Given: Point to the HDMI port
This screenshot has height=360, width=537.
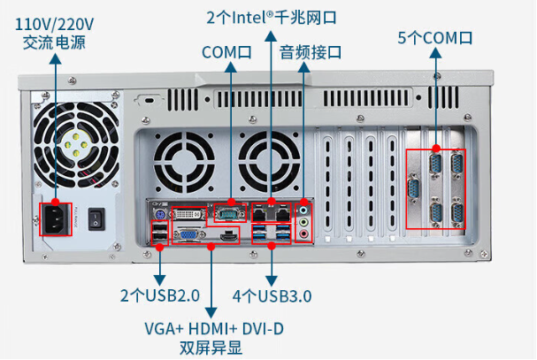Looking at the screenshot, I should [228, 235].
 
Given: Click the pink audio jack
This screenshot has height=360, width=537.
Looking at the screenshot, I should [305, 235].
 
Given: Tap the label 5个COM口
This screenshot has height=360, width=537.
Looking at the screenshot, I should [435, 38].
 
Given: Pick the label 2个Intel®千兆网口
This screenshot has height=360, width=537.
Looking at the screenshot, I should [272, 17].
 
